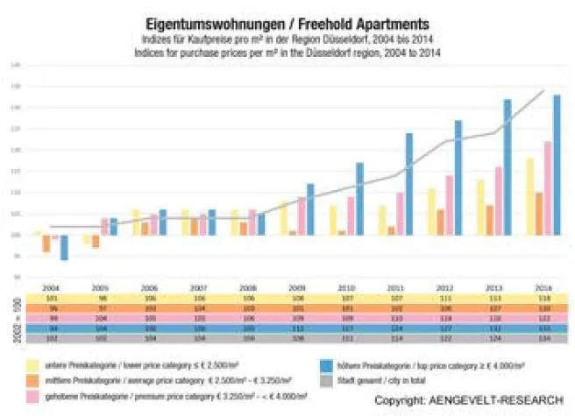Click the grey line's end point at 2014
pyautogui.click(x=545, y=90)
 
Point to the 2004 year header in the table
pyautogui.click(x=53, y=288)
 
